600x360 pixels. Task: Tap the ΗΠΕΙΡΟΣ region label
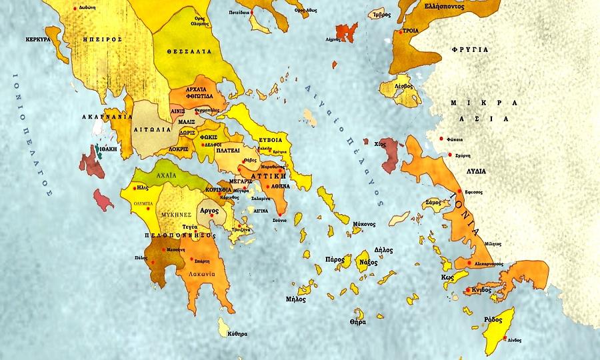click(102, 39)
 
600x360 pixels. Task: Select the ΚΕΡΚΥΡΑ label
click(38, 39)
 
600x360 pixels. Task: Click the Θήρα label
click(357, 322)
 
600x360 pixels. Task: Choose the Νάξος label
click(368, 263)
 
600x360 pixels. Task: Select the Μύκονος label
click(363, 224)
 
